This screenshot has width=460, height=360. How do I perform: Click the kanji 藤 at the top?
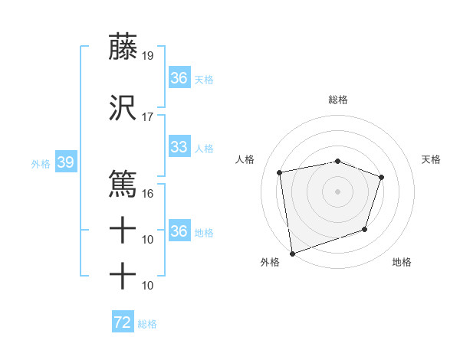click(123, 47)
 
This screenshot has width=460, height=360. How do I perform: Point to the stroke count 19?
click(148, 56)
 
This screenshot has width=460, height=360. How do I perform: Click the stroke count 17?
click(148, 117)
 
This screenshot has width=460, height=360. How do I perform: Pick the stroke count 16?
click(148, 193)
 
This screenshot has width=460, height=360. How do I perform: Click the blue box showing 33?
click(179, 147)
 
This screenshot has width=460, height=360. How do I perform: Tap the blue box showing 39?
click(65, 163)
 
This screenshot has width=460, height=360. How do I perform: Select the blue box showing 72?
click(123, 322)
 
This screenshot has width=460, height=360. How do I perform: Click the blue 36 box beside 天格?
click(179, 78)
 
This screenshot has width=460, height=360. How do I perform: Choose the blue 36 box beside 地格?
click(179, 231)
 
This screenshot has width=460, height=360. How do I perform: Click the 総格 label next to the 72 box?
click(148, 324)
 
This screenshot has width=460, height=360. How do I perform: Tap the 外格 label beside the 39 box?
click(41, 164)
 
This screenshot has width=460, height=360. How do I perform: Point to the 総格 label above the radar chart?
click(337, 100)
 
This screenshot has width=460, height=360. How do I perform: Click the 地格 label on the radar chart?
click(402, 262)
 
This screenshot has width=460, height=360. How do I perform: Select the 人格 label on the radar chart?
click(245, 159)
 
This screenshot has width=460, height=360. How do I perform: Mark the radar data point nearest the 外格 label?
click(292, 253)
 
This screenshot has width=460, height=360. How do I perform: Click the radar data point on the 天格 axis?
click(381, 178)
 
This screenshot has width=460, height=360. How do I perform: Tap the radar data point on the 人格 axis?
click(280, 172)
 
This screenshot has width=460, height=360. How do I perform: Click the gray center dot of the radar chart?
click(337, 191)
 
